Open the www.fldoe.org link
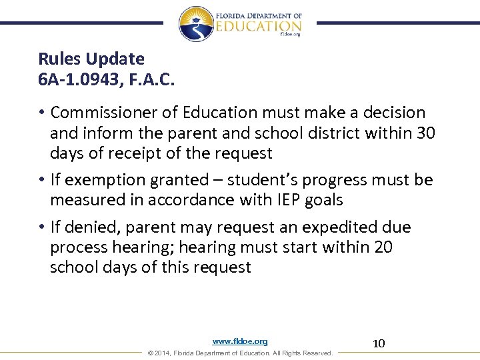click(240, 341)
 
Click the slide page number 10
click(379, 343)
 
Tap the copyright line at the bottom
click(240, 353)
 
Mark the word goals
click(324, 200)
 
